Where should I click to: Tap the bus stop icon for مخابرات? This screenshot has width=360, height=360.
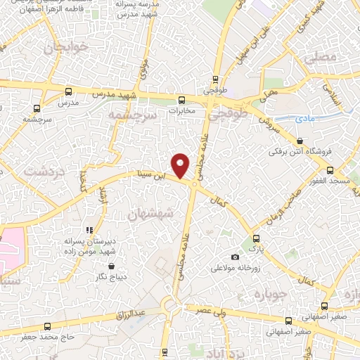tap(181, 99)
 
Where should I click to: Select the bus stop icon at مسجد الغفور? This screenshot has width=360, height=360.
tap(330, 169)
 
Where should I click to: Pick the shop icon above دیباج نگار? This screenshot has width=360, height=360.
tap(112, 266)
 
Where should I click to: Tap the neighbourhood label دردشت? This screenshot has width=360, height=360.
tap(39, 171)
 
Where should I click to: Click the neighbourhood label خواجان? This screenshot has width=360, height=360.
tap(67, 48)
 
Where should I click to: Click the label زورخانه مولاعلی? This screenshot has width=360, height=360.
tap(236, 269)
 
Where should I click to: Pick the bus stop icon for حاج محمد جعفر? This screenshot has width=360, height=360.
tap(47, 326)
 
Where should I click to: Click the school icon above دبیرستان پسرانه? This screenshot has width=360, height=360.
tap(89, 230)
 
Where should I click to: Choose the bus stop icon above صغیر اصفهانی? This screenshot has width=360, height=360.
tap(324, 306)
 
